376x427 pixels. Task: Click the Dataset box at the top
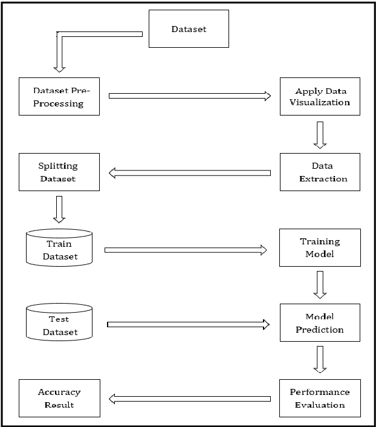tap(188, 28)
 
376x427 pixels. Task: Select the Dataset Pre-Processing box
tap(59, 96)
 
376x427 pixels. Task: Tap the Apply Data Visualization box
tap(320, 96)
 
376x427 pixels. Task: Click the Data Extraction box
tap(320, 172)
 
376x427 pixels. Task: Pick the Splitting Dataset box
tap(59, 172)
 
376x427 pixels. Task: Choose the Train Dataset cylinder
tap(59, 248)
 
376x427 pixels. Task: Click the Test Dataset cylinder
tap(59, 324)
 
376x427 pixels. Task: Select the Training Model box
tap(320, 247)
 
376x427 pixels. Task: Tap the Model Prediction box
tap(320, 323)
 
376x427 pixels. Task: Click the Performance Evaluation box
tap(320, 399)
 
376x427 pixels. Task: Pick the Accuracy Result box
tap(59, 399)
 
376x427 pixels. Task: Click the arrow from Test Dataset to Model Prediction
tap(188, 325)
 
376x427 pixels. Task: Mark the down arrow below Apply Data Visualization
tap(320, 134)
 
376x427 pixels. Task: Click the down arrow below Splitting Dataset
tap(59, 209)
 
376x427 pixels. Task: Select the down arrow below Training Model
tap(320, 284)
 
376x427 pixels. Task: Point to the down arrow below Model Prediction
tap(320, 360)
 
